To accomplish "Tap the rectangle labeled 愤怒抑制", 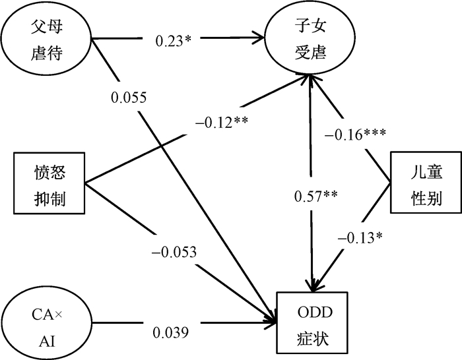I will pyautogui.click(x=50, y=184).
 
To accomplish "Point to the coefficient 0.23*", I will pyautogui.click(x=174, y=40).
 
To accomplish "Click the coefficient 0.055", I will pyautogui.click(x=129, y=97).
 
